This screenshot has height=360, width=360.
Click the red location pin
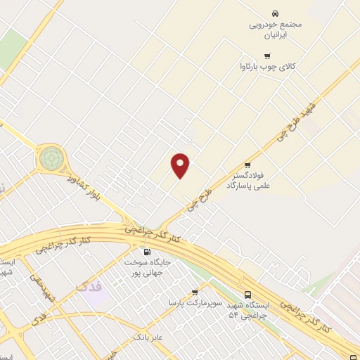tap(181, 165)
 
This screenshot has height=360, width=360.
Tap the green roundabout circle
tap(51, 157)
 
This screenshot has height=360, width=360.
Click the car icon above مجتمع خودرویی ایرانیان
tap(275, 13)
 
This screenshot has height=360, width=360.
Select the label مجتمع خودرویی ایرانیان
tap(275, 29)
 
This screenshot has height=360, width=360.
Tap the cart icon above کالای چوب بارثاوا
tap(266, 56)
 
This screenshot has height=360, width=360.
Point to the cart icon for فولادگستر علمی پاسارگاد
tap(247, 165)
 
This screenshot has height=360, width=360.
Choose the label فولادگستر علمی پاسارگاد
tap(252, 179)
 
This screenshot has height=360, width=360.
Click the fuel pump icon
tap(146, 252)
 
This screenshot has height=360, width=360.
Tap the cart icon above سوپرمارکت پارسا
tap(195, 292)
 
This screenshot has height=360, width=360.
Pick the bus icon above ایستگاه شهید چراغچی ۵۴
tap(247, 295)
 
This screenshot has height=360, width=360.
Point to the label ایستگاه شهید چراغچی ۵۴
tap(249, 311)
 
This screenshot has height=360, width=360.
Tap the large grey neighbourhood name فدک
tap(89, 286)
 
